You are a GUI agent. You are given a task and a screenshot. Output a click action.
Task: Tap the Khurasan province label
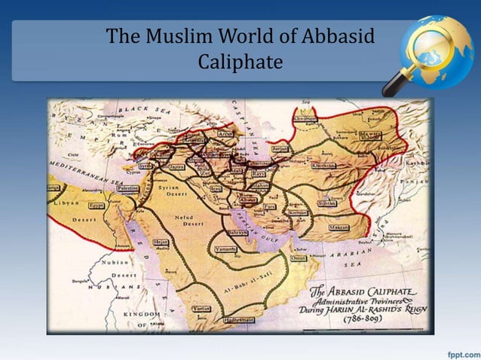324,165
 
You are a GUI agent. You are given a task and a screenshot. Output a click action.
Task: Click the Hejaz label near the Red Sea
161,243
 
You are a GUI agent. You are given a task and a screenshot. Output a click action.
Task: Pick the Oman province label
299,258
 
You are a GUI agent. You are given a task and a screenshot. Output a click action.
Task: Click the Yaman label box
202,309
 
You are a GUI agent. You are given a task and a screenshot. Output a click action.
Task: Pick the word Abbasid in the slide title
339,35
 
